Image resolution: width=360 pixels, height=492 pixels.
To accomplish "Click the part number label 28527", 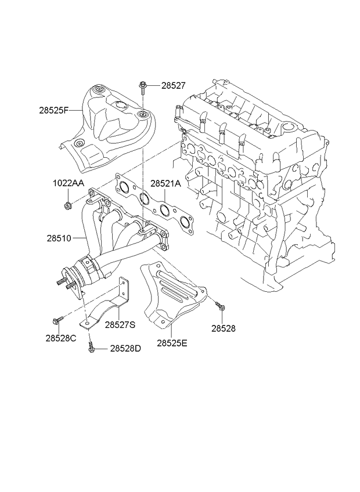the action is (x=174, y=85).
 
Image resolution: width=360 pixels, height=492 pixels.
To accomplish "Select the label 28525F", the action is (x=54, y=110).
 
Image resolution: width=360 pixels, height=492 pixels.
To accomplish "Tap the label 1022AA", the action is (x=68, y=183).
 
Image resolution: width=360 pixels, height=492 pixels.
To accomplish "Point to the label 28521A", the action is (x=165, y=183).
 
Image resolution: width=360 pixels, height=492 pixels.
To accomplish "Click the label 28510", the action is (x=59, y=238).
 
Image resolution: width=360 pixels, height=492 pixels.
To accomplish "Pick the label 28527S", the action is (x=120, y=325).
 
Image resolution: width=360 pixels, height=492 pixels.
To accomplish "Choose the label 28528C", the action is (x=60, y=338).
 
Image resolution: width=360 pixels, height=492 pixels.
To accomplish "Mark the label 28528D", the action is (x=125, y=349).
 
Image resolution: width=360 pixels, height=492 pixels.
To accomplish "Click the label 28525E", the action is (x=172, y=343).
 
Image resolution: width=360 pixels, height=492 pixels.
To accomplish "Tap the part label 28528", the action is (x=223, y=328).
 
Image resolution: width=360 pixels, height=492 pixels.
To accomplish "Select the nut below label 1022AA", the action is (x=67, y=205).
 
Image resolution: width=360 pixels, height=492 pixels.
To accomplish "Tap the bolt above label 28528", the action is (x=220, y=306).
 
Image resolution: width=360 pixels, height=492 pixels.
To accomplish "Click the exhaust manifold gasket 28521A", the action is (x=154, y=204).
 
